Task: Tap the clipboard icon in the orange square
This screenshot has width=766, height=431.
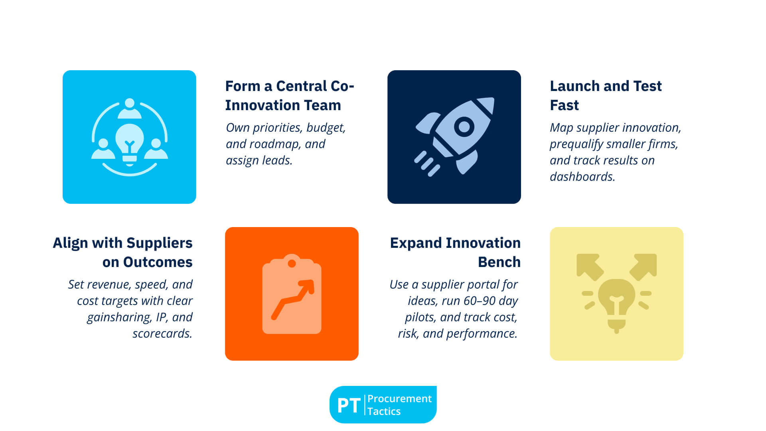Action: click(292, 294)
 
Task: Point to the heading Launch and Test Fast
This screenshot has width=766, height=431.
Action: click(606, 95)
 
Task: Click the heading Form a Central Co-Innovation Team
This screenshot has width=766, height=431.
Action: click(290, 95)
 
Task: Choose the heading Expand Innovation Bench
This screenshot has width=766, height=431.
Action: click(455, 252)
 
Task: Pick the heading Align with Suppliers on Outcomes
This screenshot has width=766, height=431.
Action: click(122, 252)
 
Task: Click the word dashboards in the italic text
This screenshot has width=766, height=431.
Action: click(582, 177)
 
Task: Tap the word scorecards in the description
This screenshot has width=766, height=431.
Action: click(162, 334)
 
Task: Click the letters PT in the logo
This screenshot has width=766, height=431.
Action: click(349, 405)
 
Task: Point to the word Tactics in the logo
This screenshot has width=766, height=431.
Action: click(384, 411)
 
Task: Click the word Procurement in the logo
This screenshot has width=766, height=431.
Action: click(399, 399)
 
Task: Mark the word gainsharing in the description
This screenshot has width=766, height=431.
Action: click(119, 317)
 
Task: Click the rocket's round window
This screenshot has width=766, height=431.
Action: click(464, 127)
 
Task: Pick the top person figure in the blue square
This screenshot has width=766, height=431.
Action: click(129, 109)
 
